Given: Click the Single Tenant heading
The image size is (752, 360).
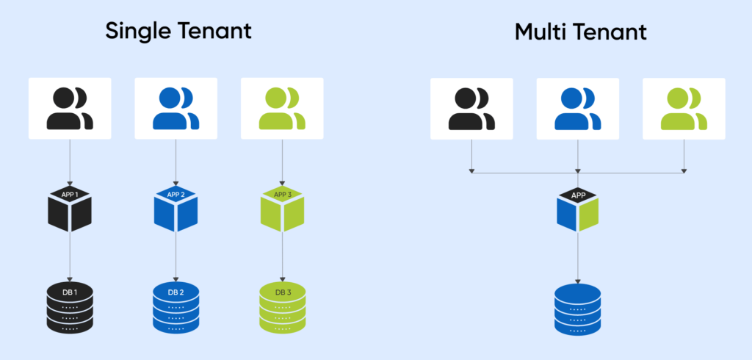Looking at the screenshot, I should point(178,32).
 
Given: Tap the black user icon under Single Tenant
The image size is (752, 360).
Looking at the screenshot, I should point(70,109).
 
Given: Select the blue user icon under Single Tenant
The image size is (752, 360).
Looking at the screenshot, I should point(176,109).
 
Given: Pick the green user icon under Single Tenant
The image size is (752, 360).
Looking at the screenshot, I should point(283,109).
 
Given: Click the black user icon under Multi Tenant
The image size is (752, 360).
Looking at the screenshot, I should point(471,109).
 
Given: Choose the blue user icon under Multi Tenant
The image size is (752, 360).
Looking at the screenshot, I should point(578,109).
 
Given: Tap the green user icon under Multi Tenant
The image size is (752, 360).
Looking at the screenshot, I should point(684,109).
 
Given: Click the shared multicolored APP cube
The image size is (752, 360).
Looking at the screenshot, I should point(578,212).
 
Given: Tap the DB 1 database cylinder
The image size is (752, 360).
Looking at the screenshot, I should point(70,305).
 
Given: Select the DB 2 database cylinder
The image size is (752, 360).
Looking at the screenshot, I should point(176,305).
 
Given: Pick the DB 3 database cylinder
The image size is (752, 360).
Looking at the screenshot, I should point(283,305).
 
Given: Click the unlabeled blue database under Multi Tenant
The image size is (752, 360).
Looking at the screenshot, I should point(578,307).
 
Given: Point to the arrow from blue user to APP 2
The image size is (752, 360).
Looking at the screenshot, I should point(176,162).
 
